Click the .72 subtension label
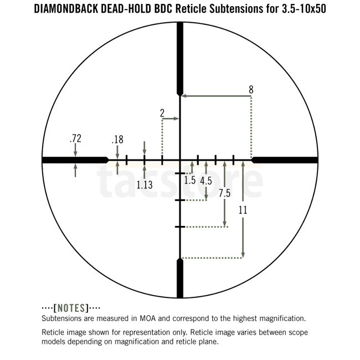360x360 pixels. [75, 138]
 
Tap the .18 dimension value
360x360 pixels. [117, 140]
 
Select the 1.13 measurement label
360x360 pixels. [145, 185]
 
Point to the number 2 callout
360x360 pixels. [162, 113]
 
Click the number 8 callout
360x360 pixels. [251, 90]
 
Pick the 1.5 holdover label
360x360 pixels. [189, 180]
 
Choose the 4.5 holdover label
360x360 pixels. [206, 181]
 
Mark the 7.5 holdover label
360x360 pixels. [224, 193]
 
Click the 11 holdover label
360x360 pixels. [243, 210]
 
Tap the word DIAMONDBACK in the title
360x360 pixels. [66, 9]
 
